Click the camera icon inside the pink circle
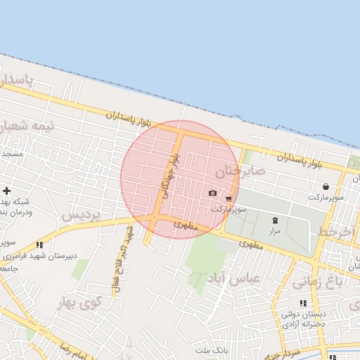(x=212, y=193)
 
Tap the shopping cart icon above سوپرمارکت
(x=229, y=199)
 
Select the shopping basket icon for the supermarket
(x=326, y=187)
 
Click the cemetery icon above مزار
(x=274, y=220)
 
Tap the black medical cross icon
(x=7, y=191)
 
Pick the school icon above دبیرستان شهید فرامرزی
(x=39, y=245)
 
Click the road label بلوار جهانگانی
(x=171, y=176)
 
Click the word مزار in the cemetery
(x=274, y=231)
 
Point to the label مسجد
(x=11, y=153)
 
